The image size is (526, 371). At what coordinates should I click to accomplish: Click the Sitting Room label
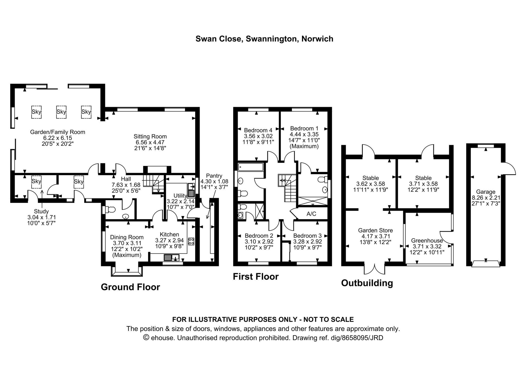[x=150, y=136]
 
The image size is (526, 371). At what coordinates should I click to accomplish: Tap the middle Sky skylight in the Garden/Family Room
[x=61, y=112]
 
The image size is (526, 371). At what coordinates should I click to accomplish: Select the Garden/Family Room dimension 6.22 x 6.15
[x=58, y=138]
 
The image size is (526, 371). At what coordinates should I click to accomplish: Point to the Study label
[x=41, y=211]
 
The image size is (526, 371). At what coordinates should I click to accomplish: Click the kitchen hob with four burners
[x=191, y=241]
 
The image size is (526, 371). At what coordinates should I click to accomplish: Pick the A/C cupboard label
[x=311, y=214]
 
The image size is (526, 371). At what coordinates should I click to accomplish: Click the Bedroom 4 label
[x=258, y=130]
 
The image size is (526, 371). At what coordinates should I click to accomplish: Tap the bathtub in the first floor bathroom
[x=251, y=167]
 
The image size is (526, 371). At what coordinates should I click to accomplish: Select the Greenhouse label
[x=427, y=241]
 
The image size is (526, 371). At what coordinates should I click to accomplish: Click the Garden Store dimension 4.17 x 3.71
[x=375, y=236]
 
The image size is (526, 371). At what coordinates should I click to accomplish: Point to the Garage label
[x=485, y=192]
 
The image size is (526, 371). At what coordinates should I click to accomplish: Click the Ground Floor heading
[x=130, y=287]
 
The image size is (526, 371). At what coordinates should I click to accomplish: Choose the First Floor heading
[x=256, y=277]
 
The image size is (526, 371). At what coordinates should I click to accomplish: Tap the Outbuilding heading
[x=367, y=283]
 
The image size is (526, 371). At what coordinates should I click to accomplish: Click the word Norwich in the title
[x=317, y=39]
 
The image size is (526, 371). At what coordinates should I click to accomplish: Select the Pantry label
[x=214, y=176]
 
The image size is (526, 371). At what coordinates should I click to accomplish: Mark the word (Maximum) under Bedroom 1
[x=304, y=146]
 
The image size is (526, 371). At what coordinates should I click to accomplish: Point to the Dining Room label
[x=127, y=237]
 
